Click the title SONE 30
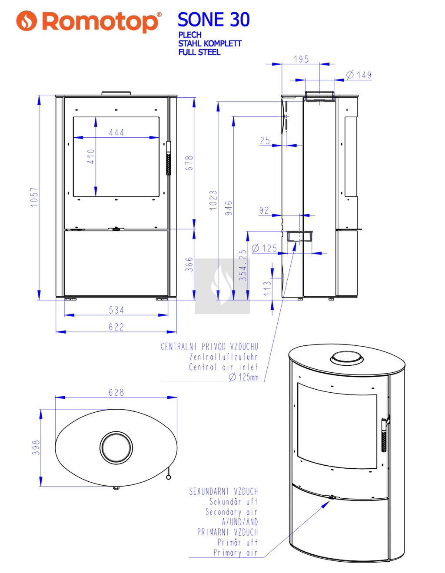[213, 20]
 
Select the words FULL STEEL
[199, 52]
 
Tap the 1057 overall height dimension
[35, 197]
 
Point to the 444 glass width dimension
[116, 132]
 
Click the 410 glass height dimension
[91, 156]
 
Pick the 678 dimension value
[189, 163]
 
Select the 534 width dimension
[116, 310]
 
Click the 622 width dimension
[116, 327]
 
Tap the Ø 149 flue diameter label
[359, 75]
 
